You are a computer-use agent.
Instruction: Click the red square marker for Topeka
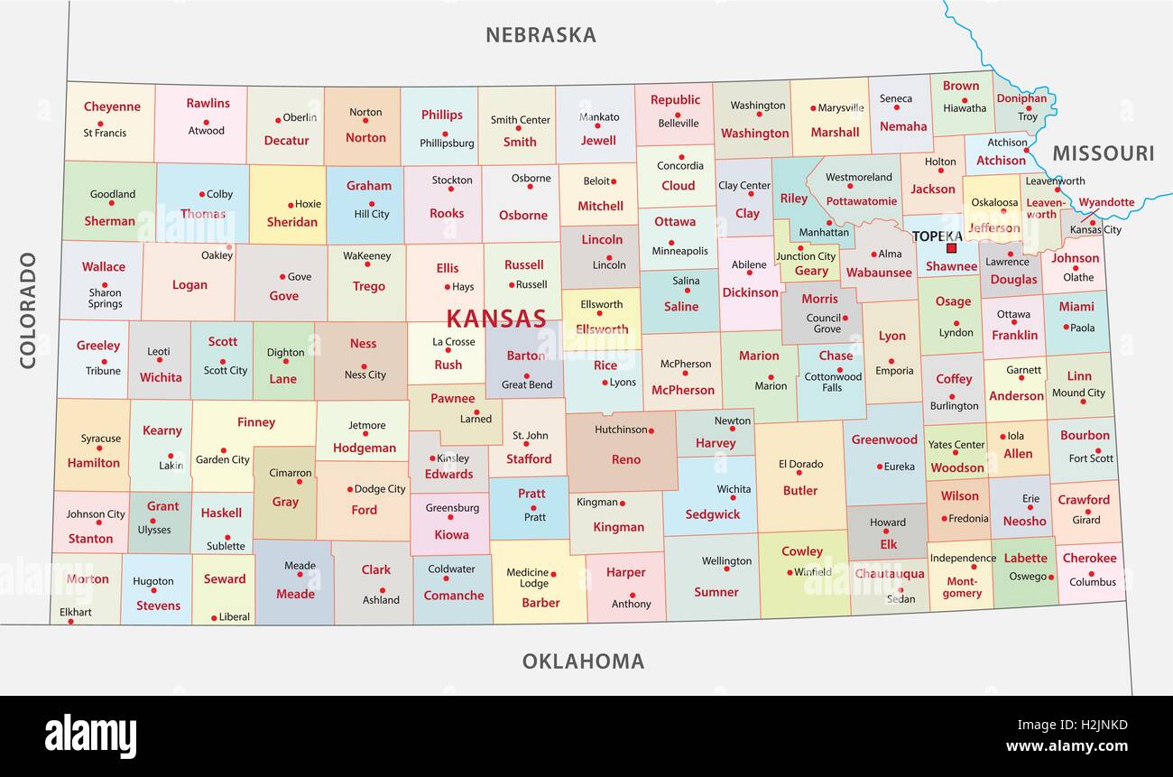[951, 248]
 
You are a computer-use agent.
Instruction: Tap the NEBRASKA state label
[540, 35]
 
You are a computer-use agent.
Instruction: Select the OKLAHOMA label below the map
[583, 661]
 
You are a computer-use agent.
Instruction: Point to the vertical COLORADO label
[28, 310]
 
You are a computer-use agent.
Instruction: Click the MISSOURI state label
[1103, 153]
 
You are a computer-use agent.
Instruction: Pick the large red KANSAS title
[496, 319]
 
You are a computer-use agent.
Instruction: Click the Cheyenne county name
[112, 106]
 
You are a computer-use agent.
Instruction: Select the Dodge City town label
[380, 489]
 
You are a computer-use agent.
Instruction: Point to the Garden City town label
[223, 459]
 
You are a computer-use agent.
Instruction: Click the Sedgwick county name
[712, 514]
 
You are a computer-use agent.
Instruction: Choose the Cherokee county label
[1089, 558]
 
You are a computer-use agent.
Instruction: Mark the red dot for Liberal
[215, 617]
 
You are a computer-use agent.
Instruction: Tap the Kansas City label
[1095, 230]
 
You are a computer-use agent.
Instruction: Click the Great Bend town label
[527, 385]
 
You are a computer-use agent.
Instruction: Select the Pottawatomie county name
[861, 201]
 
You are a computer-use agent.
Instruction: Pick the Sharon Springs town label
[105, 298]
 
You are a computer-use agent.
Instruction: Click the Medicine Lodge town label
[528, 578]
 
